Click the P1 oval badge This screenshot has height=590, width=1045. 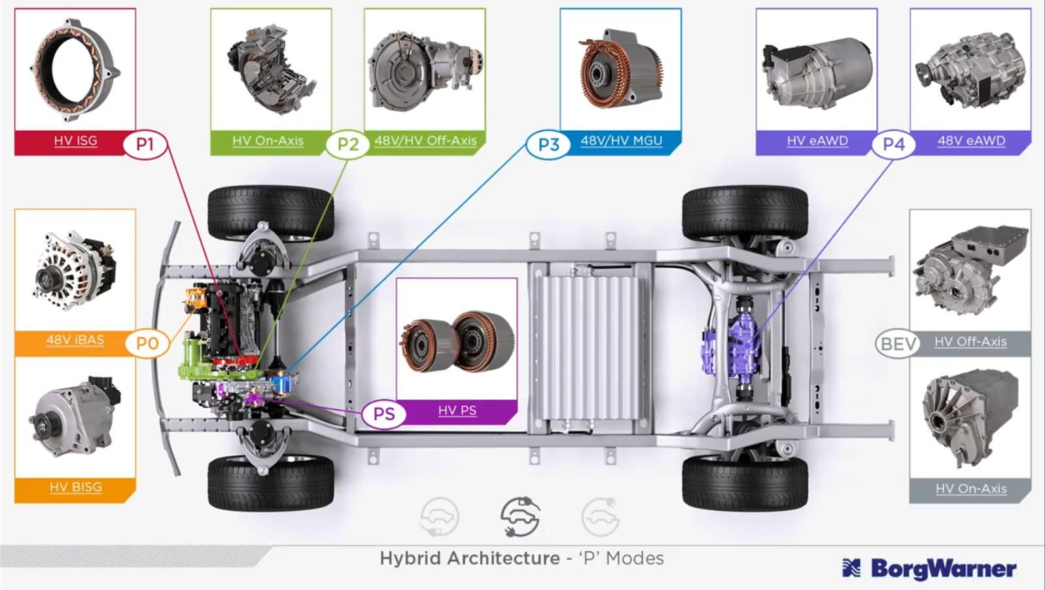(145, 145)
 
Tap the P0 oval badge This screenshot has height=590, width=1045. (147, 343)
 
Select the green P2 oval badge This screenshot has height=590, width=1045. (347, 145)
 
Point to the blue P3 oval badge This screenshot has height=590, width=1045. (548, 145)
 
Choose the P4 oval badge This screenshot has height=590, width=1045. (893, 145)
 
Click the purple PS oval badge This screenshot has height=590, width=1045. (384, 413)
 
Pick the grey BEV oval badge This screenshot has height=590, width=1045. (898, 344)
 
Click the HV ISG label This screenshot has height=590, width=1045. (75, 141)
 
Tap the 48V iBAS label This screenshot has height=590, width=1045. (75, 340)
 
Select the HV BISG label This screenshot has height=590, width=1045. (75, 487)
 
